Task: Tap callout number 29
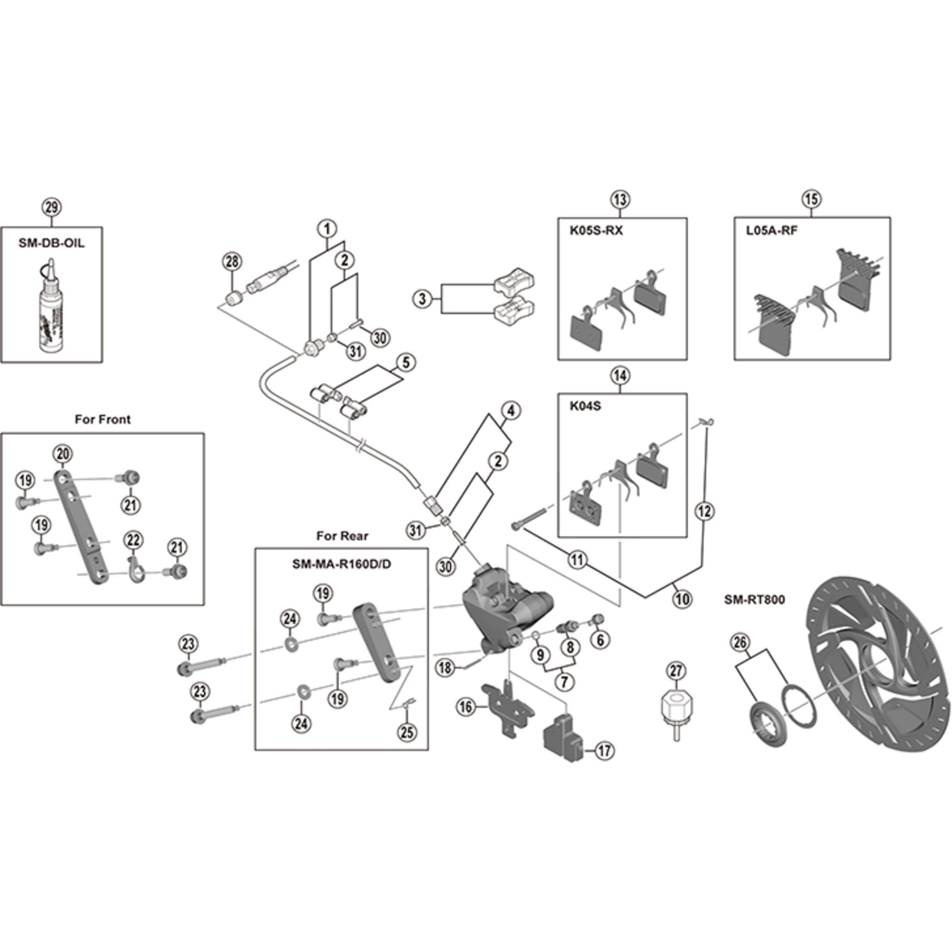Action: (52, 207)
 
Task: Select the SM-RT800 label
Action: (754, 600)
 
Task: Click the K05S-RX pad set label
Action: (596, 230)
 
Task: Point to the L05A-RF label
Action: (771, 230)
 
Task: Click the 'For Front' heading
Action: (102, 419)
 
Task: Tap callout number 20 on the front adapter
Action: (62, 454)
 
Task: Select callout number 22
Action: (133, 540)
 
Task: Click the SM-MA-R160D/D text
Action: (341, 564)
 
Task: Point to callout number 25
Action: (407, 732)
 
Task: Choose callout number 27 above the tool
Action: (676, 671)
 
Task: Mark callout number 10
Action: (683, 599)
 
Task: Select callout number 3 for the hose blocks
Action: (422, 299)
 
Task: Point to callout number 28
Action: (232, 262)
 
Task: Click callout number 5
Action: (406, 363)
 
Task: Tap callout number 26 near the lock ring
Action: (740, 642)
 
